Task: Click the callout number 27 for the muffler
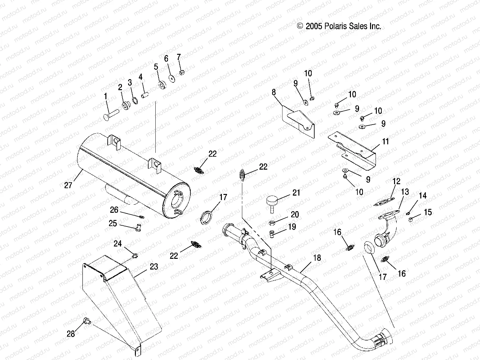tap(68, 185)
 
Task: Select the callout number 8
tap(274, 92)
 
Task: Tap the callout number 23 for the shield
tap(154, 267)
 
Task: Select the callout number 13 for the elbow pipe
tap(405, 192)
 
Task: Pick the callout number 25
tap(113, 223)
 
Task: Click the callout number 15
tap(428, 212)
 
